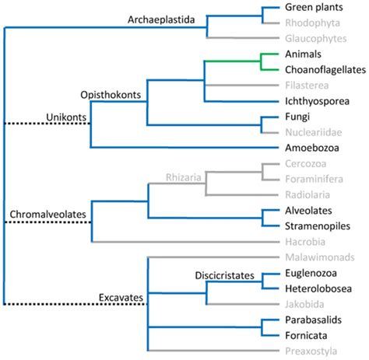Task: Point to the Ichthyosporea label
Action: [x=299, y=101]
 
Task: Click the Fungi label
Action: [x=278, y=117]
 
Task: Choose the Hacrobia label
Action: [x=287, y=242]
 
